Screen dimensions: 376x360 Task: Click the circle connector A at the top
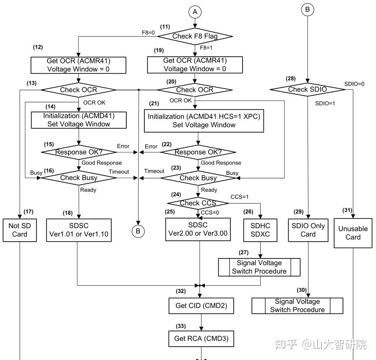[195, 12]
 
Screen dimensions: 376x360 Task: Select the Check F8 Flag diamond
[195, 37]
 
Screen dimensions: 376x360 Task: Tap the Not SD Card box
[20, 230]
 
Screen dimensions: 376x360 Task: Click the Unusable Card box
[353, 233]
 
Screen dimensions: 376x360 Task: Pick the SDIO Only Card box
[308, 230]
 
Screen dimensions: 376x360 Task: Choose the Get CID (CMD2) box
[201, 306]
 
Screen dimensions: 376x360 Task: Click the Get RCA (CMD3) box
[201, 339]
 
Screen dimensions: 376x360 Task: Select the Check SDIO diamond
[308, 90]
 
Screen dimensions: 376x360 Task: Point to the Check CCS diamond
[198, 203]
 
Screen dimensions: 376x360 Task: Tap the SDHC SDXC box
[260, 230]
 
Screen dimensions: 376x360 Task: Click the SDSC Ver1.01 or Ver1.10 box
[78, 230]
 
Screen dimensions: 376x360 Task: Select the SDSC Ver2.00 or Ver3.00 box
[198, 230]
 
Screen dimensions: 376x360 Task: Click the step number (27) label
[243, 253]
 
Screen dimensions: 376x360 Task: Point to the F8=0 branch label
[148, 33]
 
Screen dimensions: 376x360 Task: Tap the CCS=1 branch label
[240, 197]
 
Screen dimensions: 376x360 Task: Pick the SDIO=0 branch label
[354, 84]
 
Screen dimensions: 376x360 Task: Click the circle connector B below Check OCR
[138, 231]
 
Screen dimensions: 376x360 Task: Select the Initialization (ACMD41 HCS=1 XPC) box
[204, 121]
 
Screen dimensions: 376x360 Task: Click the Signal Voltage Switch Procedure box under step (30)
[298, 306]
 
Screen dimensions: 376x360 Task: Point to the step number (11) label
[165, 26]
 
